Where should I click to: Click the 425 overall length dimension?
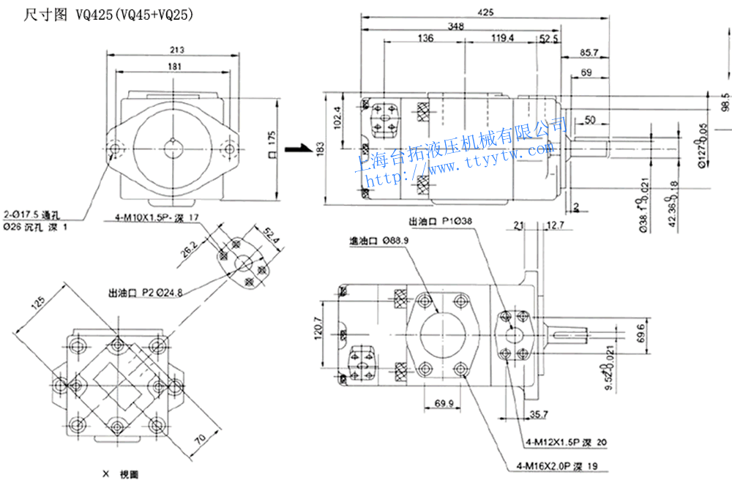(x=485, y=12)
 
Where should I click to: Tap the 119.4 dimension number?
(x=503, y=38)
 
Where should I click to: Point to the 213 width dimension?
(x=175, y=50)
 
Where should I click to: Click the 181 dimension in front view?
(x=175, y=67)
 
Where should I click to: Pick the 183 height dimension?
(x=320, y=149)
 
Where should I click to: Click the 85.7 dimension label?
(x=589, y=53)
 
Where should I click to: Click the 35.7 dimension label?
(x=539, y=416)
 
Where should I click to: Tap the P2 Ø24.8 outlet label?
(x=146, y=293)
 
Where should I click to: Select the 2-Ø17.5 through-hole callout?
(x=35, y=214)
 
